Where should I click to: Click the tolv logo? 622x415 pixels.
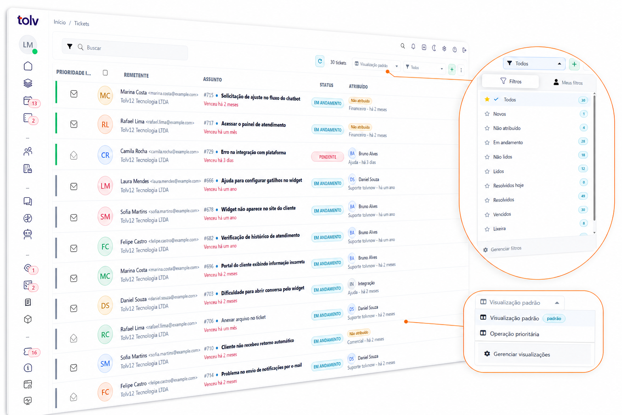click(x=28, y=20)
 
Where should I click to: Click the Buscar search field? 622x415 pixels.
click(x=125, y=49)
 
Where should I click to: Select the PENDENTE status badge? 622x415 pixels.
click(x=327, y=157)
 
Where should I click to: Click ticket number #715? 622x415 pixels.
click(x=209, y=95)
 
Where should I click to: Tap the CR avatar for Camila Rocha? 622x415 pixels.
click(x=105, y=155)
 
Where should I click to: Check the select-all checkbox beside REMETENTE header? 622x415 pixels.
click(x=105, y=73)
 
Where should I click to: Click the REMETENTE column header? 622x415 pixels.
click(x=136, y=75)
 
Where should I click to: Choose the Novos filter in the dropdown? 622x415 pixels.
click(x=500, y=114)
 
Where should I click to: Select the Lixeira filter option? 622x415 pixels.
click(x=499, y=229)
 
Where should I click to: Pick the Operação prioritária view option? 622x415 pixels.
click(x=514, y=334)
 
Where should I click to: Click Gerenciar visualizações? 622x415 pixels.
click(x=522, y=354)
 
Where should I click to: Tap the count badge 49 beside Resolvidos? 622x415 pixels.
click(x=583, y=196)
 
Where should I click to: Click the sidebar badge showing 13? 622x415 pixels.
click(x=34, y=103)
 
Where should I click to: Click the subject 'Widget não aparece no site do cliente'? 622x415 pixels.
click(x=258, y=208)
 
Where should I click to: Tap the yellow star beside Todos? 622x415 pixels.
click(x=487, y=99)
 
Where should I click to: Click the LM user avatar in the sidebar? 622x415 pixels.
click(x=28, y=45)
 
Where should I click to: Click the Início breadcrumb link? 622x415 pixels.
click(x=60, y=22)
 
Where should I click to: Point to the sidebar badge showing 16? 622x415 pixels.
click(x=34, y=353)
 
